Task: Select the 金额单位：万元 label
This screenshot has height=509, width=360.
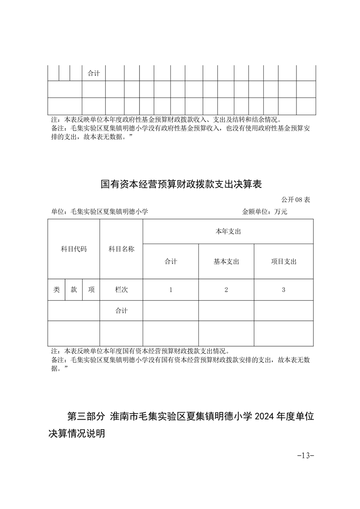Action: (265, 211)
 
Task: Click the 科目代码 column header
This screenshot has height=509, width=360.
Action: (74, 249)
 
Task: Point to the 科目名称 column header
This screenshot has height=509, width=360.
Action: (121, 249)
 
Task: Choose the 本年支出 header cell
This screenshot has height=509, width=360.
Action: (228, 231)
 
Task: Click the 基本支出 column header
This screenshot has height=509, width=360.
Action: (226, 262)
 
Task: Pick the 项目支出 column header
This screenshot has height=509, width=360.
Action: (284, 262)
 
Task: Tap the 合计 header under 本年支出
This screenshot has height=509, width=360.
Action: (171, 262)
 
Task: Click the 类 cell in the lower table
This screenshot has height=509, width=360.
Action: (56, 290)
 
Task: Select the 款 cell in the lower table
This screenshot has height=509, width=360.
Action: (74, 290)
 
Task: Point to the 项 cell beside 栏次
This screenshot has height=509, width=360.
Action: (91, 290)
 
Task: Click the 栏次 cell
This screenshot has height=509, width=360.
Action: (121, 290)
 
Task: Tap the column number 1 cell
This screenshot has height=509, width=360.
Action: (171, 290)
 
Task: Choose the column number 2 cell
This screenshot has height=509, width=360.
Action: (226, 290)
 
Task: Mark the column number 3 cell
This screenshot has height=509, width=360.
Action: (284, 290)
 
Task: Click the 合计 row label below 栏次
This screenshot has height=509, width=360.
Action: (121, 311)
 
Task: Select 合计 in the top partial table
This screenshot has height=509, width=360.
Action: (94, 73)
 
